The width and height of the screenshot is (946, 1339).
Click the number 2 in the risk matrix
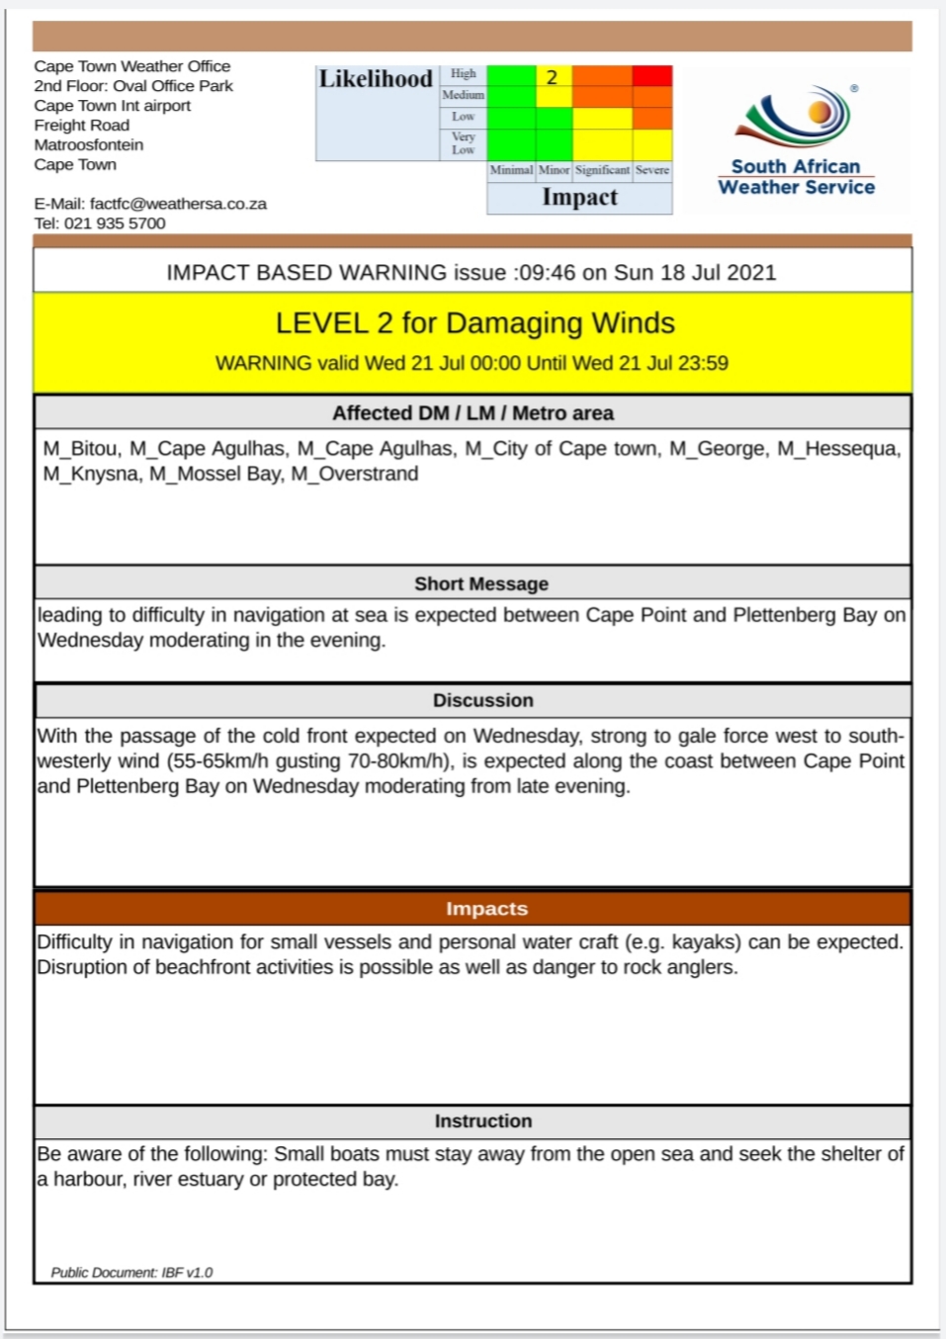click(553, 77)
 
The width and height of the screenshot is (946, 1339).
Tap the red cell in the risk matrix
click(652, 76)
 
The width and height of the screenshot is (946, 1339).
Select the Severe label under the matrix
click(652, 170)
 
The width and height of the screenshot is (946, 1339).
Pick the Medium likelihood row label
click(463, 95)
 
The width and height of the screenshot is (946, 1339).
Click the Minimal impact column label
click(511, 170)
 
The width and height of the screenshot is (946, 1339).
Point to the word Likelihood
click(376, 79)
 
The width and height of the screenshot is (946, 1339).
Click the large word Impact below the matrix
click(579, 197)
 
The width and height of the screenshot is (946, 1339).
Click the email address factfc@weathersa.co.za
click(178, 204)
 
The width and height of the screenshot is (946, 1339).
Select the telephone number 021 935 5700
click(115, 223)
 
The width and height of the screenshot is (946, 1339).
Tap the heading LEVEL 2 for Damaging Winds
click(474, 323)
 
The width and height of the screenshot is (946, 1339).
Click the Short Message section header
click(481, 583)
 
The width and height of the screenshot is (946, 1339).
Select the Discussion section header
click(482, 700)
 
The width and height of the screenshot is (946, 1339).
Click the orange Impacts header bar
click(486, 908)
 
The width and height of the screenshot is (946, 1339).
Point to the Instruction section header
click(482, 1120)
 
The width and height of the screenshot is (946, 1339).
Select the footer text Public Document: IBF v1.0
click(131, 1273)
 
